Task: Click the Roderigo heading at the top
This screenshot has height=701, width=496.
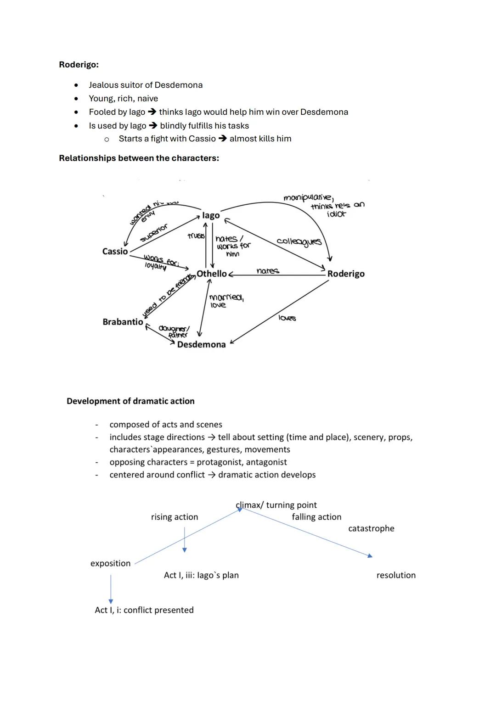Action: point(79,65)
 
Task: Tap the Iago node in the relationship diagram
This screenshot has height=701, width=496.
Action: point(211,215)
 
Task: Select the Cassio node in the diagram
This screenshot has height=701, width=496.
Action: point(115,252)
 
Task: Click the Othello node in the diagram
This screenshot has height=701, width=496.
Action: point(212,274)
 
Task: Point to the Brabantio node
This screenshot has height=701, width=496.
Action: point(123,322)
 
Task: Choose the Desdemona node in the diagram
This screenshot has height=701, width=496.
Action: point(201,345)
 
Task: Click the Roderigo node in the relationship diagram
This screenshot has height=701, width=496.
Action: point(346,274)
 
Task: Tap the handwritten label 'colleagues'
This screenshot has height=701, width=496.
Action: point(299,241)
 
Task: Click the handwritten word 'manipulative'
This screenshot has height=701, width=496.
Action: point(308,198)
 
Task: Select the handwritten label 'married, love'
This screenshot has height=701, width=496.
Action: point(226,301)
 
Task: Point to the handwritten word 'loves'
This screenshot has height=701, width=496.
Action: point(287,318)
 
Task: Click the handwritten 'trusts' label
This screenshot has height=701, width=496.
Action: point(196,236)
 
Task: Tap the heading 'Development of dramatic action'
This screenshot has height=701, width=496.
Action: point(130,401)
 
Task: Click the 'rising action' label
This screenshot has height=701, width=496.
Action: point(175,517)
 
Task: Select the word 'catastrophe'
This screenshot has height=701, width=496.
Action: point(371,528)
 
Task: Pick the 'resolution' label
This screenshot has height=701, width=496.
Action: point(396,575)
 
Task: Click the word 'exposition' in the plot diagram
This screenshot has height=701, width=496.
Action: point(110,563)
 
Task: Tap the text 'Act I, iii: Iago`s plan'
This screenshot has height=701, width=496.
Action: point(201,575)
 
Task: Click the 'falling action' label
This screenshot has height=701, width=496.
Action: point(316,517)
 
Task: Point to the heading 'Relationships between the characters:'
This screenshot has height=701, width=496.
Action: point(139,158)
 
